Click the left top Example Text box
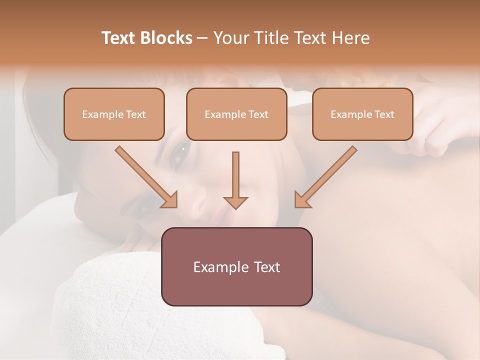pyautogui.click(x=114, y=114)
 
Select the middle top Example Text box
pyautogui.click(x=236, y=114)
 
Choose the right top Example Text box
pyautogui.click(x=362, y=114)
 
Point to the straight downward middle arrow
pyautogui.click(x=235, y=180)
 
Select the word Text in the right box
pyautogui.click(x=384, y=114)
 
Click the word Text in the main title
pyautogui.click(x=120, y=38)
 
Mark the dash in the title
pyautogui.click(x=203, y=38)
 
